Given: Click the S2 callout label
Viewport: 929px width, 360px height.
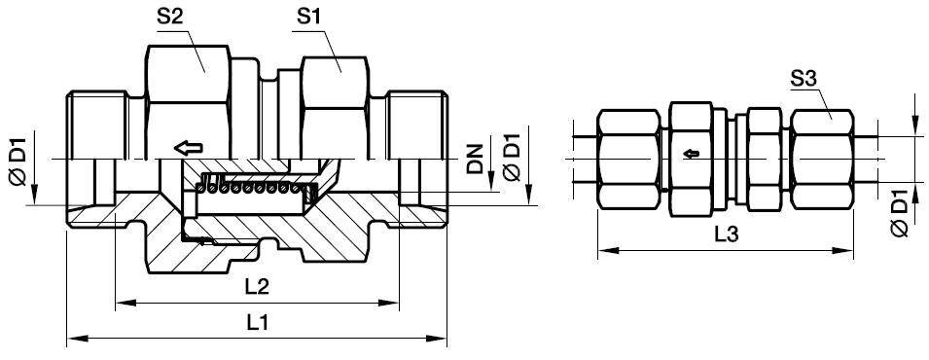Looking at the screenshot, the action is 169,18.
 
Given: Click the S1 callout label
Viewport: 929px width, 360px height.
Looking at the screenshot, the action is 309,18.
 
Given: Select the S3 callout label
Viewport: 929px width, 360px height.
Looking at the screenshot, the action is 804,80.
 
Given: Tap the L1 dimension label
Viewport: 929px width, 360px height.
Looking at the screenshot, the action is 258,323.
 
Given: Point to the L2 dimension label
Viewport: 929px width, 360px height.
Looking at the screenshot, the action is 258,287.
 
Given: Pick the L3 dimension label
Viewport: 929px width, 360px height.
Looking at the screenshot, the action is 726,234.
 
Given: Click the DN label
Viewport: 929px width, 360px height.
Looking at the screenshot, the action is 475,158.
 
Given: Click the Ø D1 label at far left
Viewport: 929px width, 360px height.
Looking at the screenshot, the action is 18,162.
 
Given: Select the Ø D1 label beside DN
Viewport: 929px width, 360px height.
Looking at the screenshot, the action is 511,158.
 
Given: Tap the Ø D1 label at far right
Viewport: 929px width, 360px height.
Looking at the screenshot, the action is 900,213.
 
